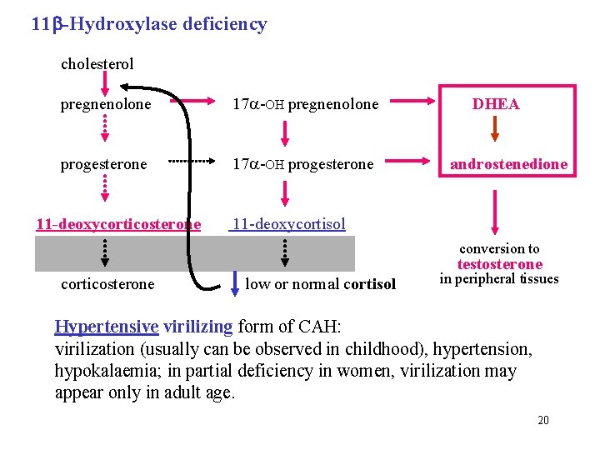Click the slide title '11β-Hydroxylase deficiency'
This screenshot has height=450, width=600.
[x=149, y=23]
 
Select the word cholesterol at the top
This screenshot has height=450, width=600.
[x=97, y=63]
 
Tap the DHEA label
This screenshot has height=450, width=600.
[x=496, y=104]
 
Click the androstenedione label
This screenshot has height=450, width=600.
[x=508, y=164]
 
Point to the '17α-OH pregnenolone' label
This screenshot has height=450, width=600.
[x=305, y=104]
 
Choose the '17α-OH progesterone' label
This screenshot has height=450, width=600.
[x=302, y=164]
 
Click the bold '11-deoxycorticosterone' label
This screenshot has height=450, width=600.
[x=118, y=223]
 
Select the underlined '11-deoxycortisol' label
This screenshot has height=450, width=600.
[x=288, y=223]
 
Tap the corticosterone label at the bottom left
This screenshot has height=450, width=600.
[x=107, y=283]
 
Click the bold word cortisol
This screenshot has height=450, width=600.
[x=369, y=283]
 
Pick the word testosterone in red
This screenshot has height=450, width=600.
[x=499, y=264]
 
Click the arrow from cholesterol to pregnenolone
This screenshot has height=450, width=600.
[x=105, y=82]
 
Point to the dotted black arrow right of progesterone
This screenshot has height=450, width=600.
[x=192, y=160]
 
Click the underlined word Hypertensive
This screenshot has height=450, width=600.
[x=106, y=327]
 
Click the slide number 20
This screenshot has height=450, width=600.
[x=542, y=420]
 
